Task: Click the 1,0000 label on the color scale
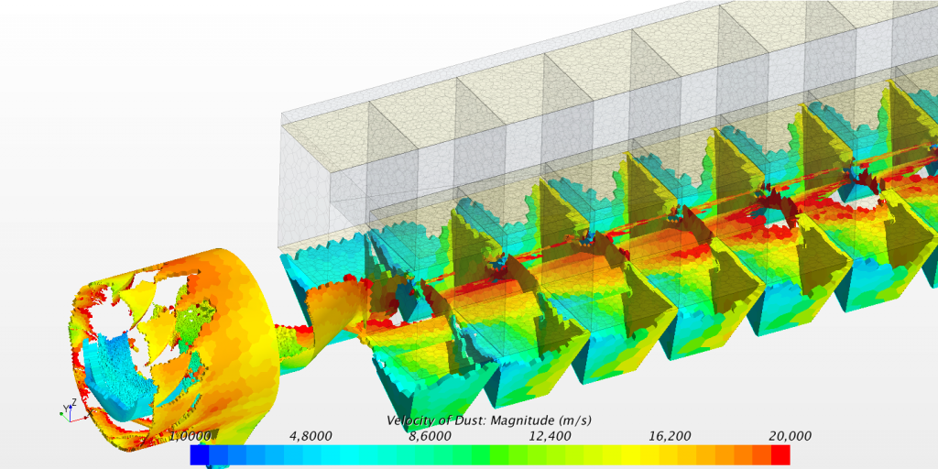click(191, 436)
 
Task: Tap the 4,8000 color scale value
click(311, 436)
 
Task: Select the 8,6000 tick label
click(431, 436)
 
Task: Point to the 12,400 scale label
click(551, 436)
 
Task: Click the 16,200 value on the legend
click(670, 436)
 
